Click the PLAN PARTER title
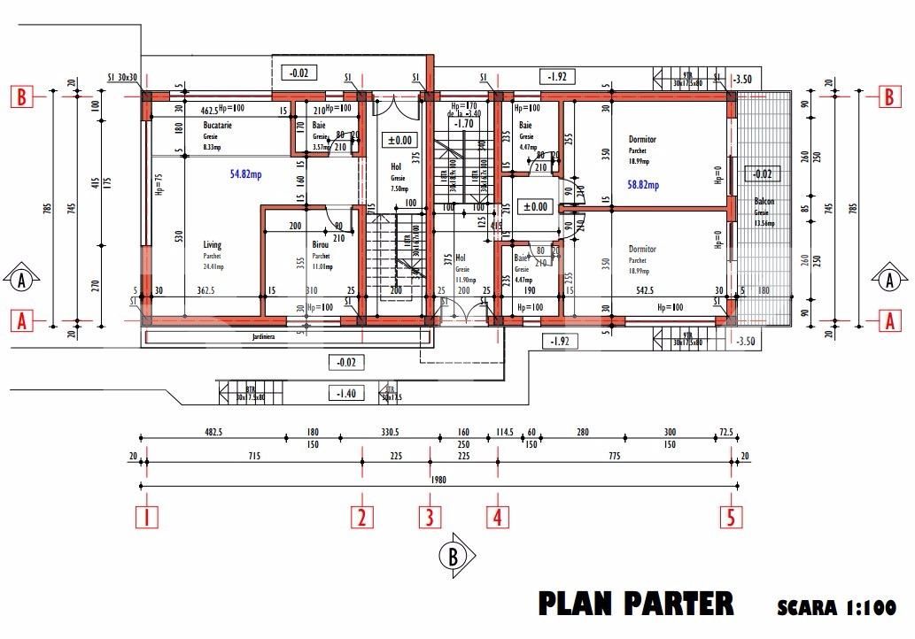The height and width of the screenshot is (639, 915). click(x=636, y=604)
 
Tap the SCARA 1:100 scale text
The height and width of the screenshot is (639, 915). click(x=836, y=608)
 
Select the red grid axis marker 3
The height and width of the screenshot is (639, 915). click(x=430, y=517)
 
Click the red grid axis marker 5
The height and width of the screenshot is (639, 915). click(x=731, y=517)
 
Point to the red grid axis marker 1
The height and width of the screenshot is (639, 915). click(x=147, y=517)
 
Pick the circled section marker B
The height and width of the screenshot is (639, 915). click(x=453, y=556)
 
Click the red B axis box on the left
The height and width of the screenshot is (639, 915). click(x=21, y=96)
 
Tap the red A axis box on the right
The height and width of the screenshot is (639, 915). click(x=889, y=322)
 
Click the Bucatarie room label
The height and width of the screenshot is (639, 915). click(x=217, y=126)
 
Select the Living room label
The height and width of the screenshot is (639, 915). click(x=213, y=245)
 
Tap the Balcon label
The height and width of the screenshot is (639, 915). click(x=764, y=202)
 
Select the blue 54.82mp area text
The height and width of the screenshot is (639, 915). click(x=245, y=174)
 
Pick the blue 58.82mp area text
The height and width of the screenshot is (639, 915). click(x=644, y=185)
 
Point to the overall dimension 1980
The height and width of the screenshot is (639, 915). click(x=438, y=481)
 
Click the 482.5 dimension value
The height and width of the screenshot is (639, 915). click(x=214, y=432)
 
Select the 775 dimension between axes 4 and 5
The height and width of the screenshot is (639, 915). click(x=614, y=457)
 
